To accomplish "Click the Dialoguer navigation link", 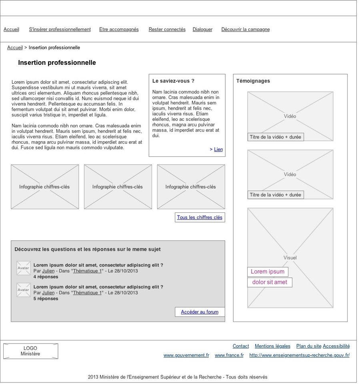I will (202, 30).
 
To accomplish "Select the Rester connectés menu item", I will (167, 30).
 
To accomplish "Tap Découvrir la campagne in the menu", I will (245, 30).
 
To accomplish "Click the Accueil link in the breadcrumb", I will (15, 48).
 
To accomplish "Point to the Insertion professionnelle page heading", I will (57, 63).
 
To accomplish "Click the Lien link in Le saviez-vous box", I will (218, 150).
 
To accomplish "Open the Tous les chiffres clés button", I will (200, 218).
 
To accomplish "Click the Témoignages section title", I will (253, 81).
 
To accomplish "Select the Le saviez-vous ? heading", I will (173, 81).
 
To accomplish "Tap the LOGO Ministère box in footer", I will (30, 351).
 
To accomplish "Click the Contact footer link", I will (241, 346).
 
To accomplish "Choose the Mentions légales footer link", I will (272, 346).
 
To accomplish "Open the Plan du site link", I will (308, 346).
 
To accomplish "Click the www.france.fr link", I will (229, 355).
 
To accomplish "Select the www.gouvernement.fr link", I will (186, 355).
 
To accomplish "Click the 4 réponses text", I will (46, 277).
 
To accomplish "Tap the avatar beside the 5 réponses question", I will (24, 290).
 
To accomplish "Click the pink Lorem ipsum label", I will (268, 272).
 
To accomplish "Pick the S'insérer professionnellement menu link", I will (60, 30).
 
